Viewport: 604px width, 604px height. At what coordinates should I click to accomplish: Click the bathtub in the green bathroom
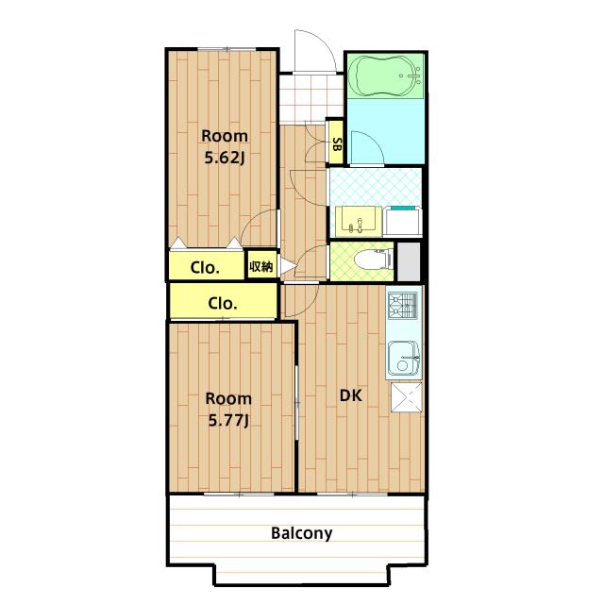pos(385,76)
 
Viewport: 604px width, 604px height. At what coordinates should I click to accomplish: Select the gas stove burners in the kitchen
pos(403,306)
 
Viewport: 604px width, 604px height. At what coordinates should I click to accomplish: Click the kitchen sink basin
pos(403,358)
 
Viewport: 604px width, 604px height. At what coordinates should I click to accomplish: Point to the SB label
pos(337,144)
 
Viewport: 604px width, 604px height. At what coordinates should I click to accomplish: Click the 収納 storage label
pos(261,266)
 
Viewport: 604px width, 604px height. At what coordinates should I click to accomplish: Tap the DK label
pos(350,395)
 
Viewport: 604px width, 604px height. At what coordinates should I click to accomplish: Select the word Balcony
pos(302,533)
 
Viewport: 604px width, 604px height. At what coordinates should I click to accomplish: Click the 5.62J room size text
pos(225,158)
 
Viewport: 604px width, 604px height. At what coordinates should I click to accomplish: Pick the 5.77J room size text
pos(228,420)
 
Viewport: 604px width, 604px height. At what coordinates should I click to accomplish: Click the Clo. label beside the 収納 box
pos(205,268)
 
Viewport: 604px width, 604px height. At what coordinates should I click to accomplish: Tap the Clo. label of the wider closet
pos(223,304)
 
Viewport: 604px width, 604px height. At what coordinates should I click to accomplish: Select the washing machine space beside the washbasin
pos(403,222)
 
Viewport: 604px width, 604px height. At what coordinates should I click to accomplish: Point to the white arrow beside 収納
pos(287,266)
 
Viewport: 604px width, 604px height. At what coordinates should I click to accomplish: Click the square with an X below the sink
pos(407,397)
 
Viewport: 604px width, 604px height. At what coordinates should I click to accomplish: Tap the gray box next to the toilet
pos(409,261)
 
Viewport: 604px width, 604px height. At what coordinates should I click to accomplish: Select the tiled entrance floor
pos(310,98)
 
